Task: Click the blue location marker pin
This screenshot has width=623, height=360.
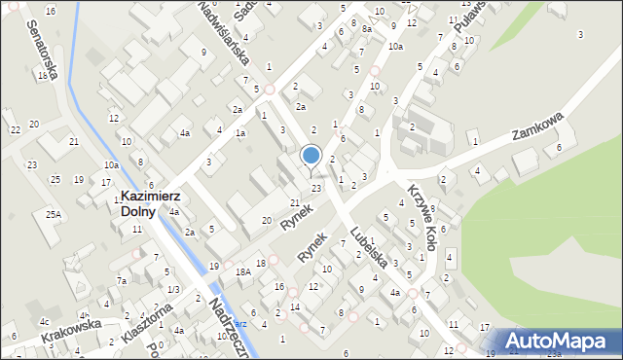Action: coord(311,156)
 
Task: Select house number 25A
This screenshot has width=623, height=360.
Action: coord(52,214)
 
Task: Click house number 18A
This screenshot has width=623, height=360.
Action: coord(242,273)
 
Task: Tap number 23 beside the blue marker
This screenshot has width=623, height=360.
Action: coord(316,188)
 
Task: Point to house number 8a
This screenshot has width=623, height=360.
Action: coord(367,29)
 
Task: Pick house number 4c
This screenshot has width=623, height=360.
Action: coord(44,321)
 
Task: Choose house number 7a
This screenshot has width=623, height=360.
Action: coord(123,281)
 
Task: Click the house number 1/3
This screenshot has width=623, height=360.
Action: coord(172,290)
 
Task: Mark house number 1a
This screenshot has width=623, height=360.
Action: coord(239,132)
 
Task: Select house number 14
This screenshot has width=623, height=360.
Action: coord(294,306)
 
